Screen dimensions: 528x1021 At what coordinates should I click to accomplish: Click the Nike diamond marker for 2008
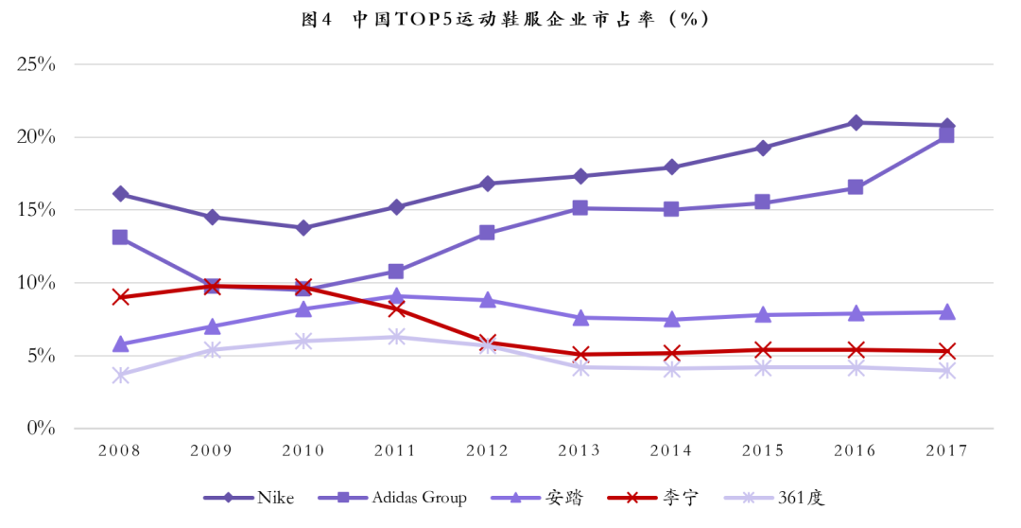(x=120, y=194)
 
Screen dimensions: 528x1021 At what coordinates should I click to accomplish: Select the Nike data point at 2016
(x=856, y=123)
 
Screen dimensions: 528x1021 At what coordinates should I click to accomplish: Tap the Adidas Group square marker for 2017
(x=946, y=135)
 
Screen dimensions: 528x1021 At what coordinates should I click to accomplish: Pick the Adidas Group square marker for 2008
(x=120, y=238)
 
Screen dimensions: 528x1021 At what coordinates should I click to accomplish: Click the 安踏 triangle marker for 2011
(x=396, y=296)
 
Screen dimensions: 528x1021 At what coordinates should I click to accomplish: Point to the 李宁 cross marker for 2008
(x=120, y=297)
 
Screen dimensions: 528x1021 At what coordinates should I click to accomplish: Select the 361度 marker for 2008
(x=120, y=375)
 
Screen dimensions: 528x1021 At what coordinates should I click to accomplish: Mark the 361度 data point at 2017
(x=946, y=371)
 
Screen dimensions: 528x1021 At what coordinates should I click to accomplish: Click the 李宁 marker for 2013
(x=580, y=355)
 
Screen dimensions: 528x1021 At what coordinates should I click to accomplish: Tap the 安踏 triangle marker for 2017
(x=946, y=312)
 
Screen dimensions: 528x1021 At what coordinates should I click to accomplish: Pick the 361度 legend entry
(x=774, y=498)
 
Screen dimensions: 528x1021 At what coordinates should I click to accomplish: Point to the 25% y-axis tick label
(x=36, y=64)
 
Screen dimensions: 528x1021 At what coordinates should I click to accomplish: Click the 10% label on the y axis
(x=36, y=283)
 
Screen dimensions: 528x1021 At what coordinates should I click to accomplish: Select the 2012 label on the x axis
(x=488, y=450)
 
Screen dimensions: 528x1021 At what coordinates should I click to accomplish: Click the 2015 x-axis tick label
(x=763, y=450)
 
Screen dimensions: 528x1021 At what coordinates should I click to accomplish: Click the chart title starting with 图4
(x=505, y=19)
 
